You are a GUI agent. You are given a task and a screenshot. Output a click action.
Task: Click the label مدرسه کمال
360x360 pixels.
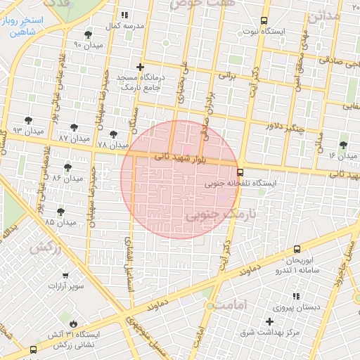[129, 25]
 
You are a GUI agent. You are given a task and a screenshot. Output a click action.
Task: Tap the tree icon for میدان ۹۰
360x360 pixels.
[87, 34]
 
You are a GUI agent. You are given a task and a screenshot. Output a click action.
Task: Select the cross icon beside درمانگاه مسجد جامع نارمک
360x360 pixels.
[141, 67]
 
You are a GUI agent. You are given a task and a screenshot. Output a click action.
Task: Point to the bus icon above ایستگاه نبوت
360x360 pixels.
[264, 20]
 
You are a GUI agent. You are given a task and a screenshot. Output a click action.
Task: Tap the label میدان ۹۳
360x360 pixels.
[28, 131]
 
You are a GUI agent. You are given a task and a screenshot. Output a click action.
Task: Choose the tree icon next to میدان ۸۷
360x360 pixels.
[74, 127]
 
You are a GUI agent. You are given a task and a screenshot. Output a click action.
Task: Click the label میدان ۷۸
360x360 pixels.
[112, 145]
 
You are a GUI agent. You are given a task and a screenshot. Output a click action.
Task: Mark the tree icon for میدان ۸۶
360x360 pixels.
[67, 167]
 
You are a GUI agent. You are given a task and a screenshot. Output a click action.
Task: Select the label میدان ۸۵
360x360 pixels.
[60, 222]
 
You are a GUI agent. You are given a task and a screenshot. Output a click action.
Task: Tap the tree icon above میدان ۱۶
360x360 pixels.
[343, 144]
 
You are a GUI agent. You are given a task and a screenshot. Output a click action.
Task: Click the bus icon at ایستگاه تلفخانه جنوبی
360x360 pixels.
[240, 172]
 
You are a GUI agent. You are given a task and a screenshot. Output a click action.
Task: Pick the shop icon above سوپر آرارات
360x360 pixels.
[65, 275]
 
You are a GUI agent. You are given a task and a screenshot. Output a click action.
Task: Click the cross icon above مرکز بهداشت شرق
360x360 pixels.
[269, 321]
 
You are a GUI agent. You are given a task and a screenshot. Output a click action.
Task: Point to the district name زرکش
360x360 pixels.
[44, 247]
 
